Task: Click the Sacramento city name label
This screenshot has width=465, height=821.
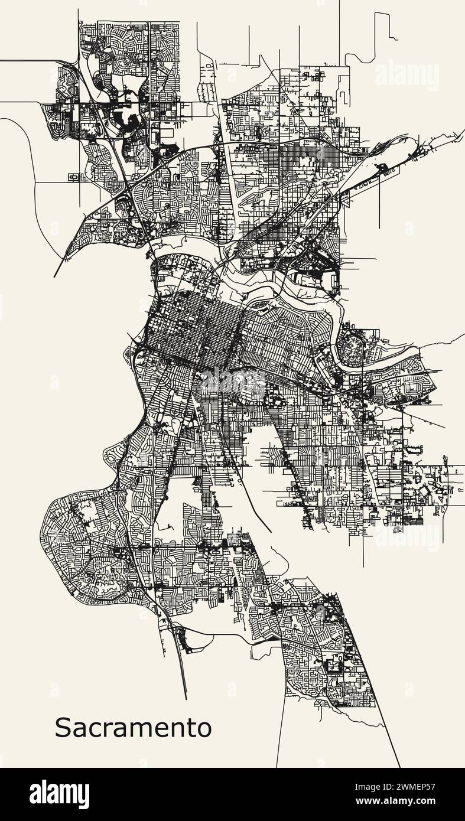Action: pyautogui.click(x=133, y=728)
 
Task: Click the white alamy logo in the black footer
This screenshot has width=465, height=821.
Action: pyautogui.click(x=60, y=794)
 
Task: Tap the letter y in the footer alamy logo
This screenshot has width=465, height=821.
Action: pyautogui.click(x=84, y=797)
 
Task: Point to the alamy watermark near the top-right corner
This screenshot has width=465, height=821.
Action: pyautogui.click(x=407, y=76)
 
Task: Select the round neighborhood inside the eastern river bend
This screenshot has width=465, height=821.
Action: pyautogui.click(x=353, y=347)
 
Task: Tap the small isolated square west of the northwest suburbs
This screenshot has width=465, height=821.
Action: pyautogui.click(x=74, y=177)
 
